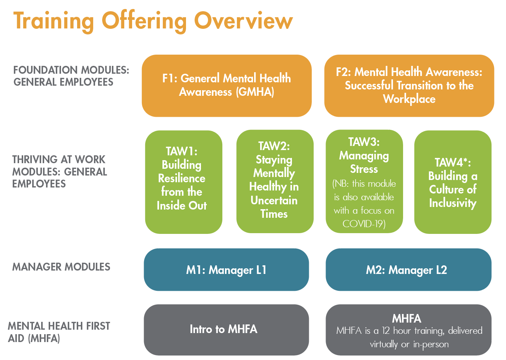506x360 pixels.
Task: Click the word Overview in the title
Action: [x=244, y=21]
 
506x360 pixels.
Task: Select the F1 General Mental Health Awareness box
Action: [x=226, y=86]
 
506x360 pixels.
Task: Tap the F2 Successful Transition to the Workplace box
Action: [x=409, y=86]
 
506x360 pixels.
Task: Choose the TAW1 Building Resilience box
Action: [x=184, y=182]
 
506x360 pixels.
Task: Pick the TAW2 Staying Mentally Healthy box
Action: [x=275, y=181]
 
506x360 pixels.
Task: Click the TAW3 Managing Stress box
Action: [x=364, y=181]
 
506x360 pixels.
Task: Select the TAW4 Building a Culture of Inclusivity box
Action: [x=453, y=182]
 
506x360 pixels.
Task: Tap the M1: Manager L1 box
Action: [x=226, y=270]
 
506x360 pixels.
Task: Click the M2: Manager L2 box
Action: [x=408, y=270]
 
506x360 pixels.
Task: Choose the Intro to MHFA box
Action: [x=226, y=330]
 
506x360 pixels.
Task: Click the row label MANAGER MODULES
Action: [x=61, y=267]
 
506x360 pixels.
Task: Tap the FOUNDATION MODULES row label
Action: [x=71, y=76]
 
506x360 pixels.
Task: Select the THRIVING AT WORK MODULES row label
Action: [x=60, y=172]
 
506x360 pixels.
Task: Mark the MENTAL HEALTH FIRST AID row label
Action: [x=59, y=332]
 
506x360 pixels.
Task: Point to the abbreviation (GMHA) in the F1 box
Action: [x=255, y=92]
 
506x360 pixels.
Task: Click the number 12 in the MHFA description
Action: [x=386, y=331]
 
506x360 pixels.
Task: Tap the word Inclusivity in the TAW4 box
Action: [x=453, y=203]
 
